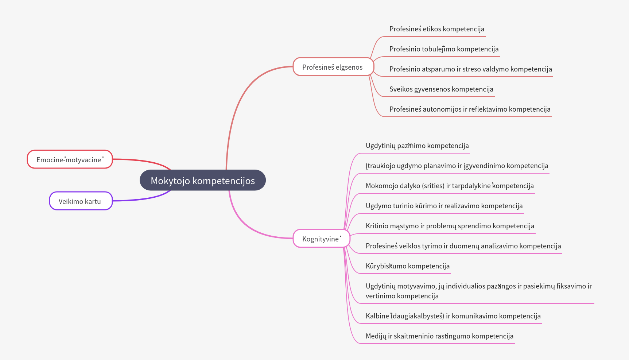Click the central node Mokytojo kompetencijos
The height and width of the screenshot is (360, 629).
(x=203, y=180)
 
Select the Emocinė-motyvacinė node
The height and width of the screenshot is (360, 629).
(x=70, y=159)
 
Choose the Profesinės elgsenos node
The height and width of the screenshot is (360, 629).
(x=333, y=67)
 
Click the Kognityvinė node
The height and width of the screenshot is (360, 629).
(x=321, y=239)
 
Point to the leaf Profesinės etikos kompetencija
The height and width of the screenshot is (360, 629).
(x=437, y=29)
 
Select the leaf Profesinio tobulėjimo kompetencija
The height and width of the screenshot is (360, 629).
(x=444, y=49)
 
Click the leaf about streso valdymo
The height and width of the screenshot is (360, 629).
(x=470, y=69)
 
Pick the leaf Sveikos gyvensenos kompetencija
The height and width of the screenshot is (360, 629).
(x=441, y=89)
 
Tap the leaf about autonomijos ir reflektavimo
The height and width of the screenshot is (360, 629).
(x=470, y=109)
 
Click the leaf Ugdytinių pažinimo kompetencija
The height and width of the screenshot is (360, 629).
(x=417, y=146)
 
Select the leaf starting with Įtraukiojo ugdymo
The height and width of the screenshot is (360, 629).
(x=457, y=166)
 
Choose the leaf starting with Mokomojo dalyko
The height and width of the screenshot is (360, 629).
(x=450, y=186)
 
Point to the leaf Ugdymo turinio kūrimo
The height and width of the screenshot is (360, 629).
(x=444, y=206)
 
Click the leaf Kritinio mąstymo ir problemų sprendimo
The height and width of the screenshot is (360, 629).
(x=450, y=226)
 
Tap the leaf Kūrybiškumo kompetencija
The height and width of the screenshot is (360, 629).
(x=408, y=266)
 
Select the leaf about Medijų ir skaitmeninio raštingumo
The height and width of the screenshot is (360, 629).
(x=439, y=336)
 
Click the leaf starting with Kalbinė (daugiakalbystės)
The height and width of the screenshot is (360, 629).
(x=453, y=316)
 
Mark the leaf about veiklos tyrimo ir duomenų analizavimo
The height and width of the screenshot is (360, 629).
(x=463, y=246)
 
